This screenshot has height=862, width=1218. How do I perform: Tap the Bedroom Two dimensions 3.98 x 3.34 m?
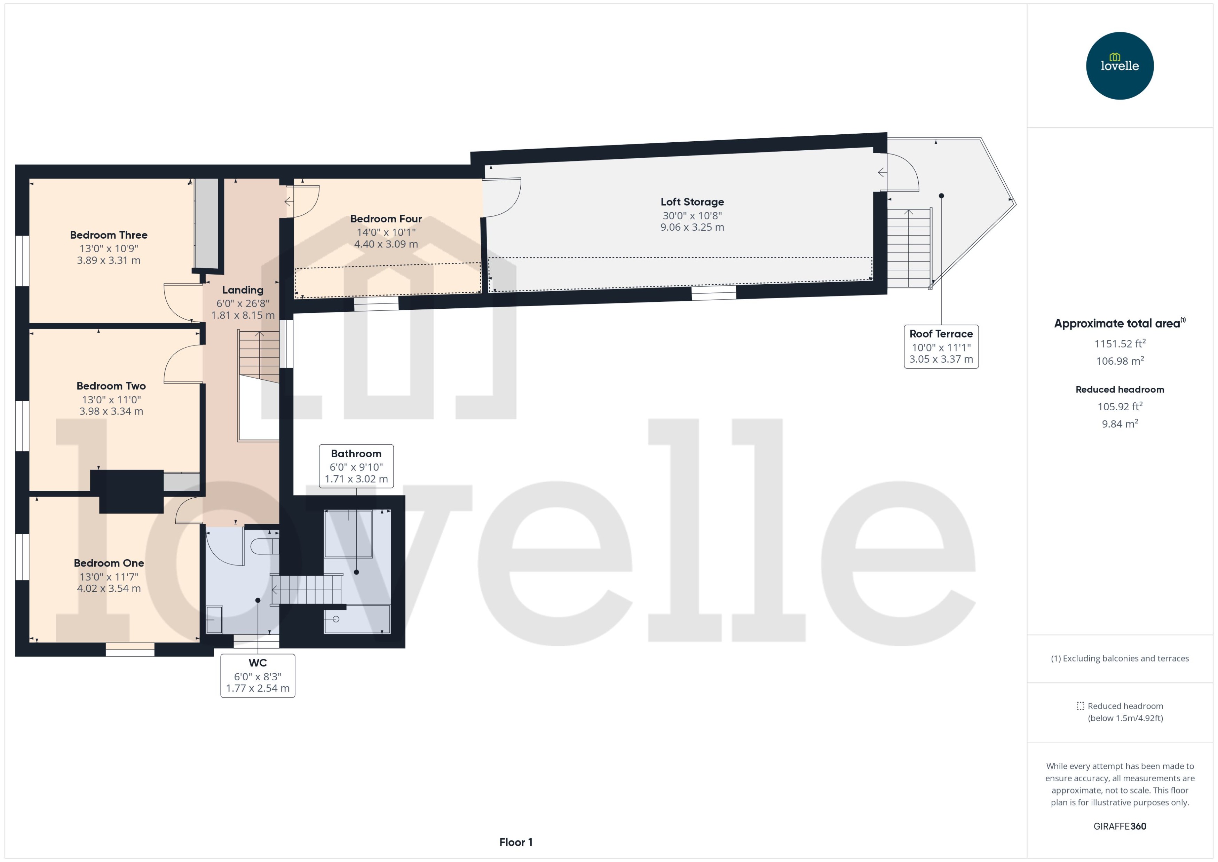[x=111, y=411]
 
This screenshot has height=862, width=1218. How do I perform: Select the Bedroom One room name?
[x=109, y=563]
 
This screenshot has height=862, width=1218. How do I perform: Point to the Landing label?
[x=243, y=290]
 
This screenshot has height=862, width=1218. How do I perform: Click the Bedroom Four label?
[x=386, y=219]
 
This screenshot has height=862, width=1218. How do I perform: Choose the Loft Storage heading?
[x=692, y=202]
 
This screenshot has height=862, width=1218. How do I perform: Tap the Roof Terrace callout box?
[x=941, y=347]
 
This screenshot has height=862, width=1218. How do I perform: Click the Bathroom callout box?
[x=356, y=466]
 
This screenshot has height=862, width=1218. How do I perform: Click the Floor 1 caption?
[x=515, y=842]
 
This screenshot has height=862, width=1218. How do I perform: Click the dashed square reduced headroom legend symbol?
[x=1080, y=706]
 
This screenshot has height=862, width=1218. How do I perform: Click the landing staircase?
[x=259, y=356]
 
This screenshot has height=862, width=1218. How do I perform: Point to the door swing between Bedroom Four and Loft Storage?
[x=501, y=197]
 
